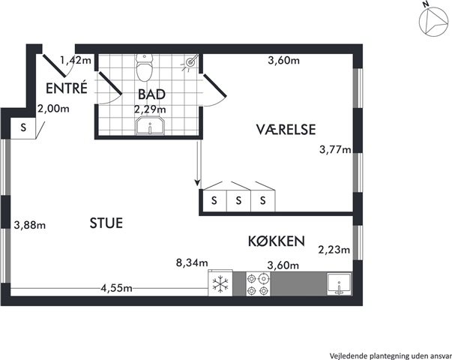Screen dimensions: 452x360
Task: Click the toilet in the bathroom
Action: [x=144, y=67]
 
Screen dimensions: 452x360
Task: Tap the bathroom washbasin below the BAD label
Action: [x=150, y=125]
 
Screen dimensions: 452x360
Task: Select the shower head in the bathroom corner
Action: [x=190, y=61]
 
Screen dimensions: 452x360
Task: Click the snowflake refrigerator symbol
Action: [x=220, y=283]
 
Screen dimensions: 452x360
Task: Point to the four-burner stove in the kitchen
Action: [x=258, y=283]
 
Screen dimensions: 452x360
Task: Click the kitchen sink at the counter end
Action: [x=339, y=284]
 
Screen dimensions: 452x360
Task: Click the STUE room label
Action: [x=106, y=223]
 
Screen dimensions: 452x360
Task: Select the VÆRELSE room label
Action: [x=286, y=129]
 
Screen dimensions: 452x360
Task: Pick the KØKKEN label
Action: [x=277, y=241]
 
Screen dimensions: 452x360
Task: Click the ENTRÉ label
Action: [x=67, y=88]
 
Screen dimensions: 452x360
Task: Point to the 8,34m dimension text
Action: [x=192, y=263]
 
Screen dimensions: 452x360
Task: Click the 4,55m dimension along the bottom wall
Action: [x=116, y=288]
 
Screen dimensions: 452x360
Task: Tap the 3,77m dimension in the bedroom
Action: [x=336, y=150]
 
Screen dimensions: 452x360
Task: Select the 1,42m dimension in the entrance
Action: [x=76, y=61]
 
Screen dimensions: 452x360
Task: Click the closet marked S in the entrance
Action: [x=23, y=127]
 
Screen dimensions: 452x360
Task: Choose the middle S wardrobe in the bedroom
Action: [x=238, y=200]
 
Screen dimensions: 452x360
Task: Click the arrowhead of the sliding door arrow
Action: [x=197, y=182]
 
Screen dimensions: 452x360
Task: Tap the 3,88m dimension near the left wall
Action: [x=30, y=225]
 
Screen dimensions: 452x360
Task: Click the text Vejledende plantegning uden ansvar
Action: [x=391, y=355]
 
